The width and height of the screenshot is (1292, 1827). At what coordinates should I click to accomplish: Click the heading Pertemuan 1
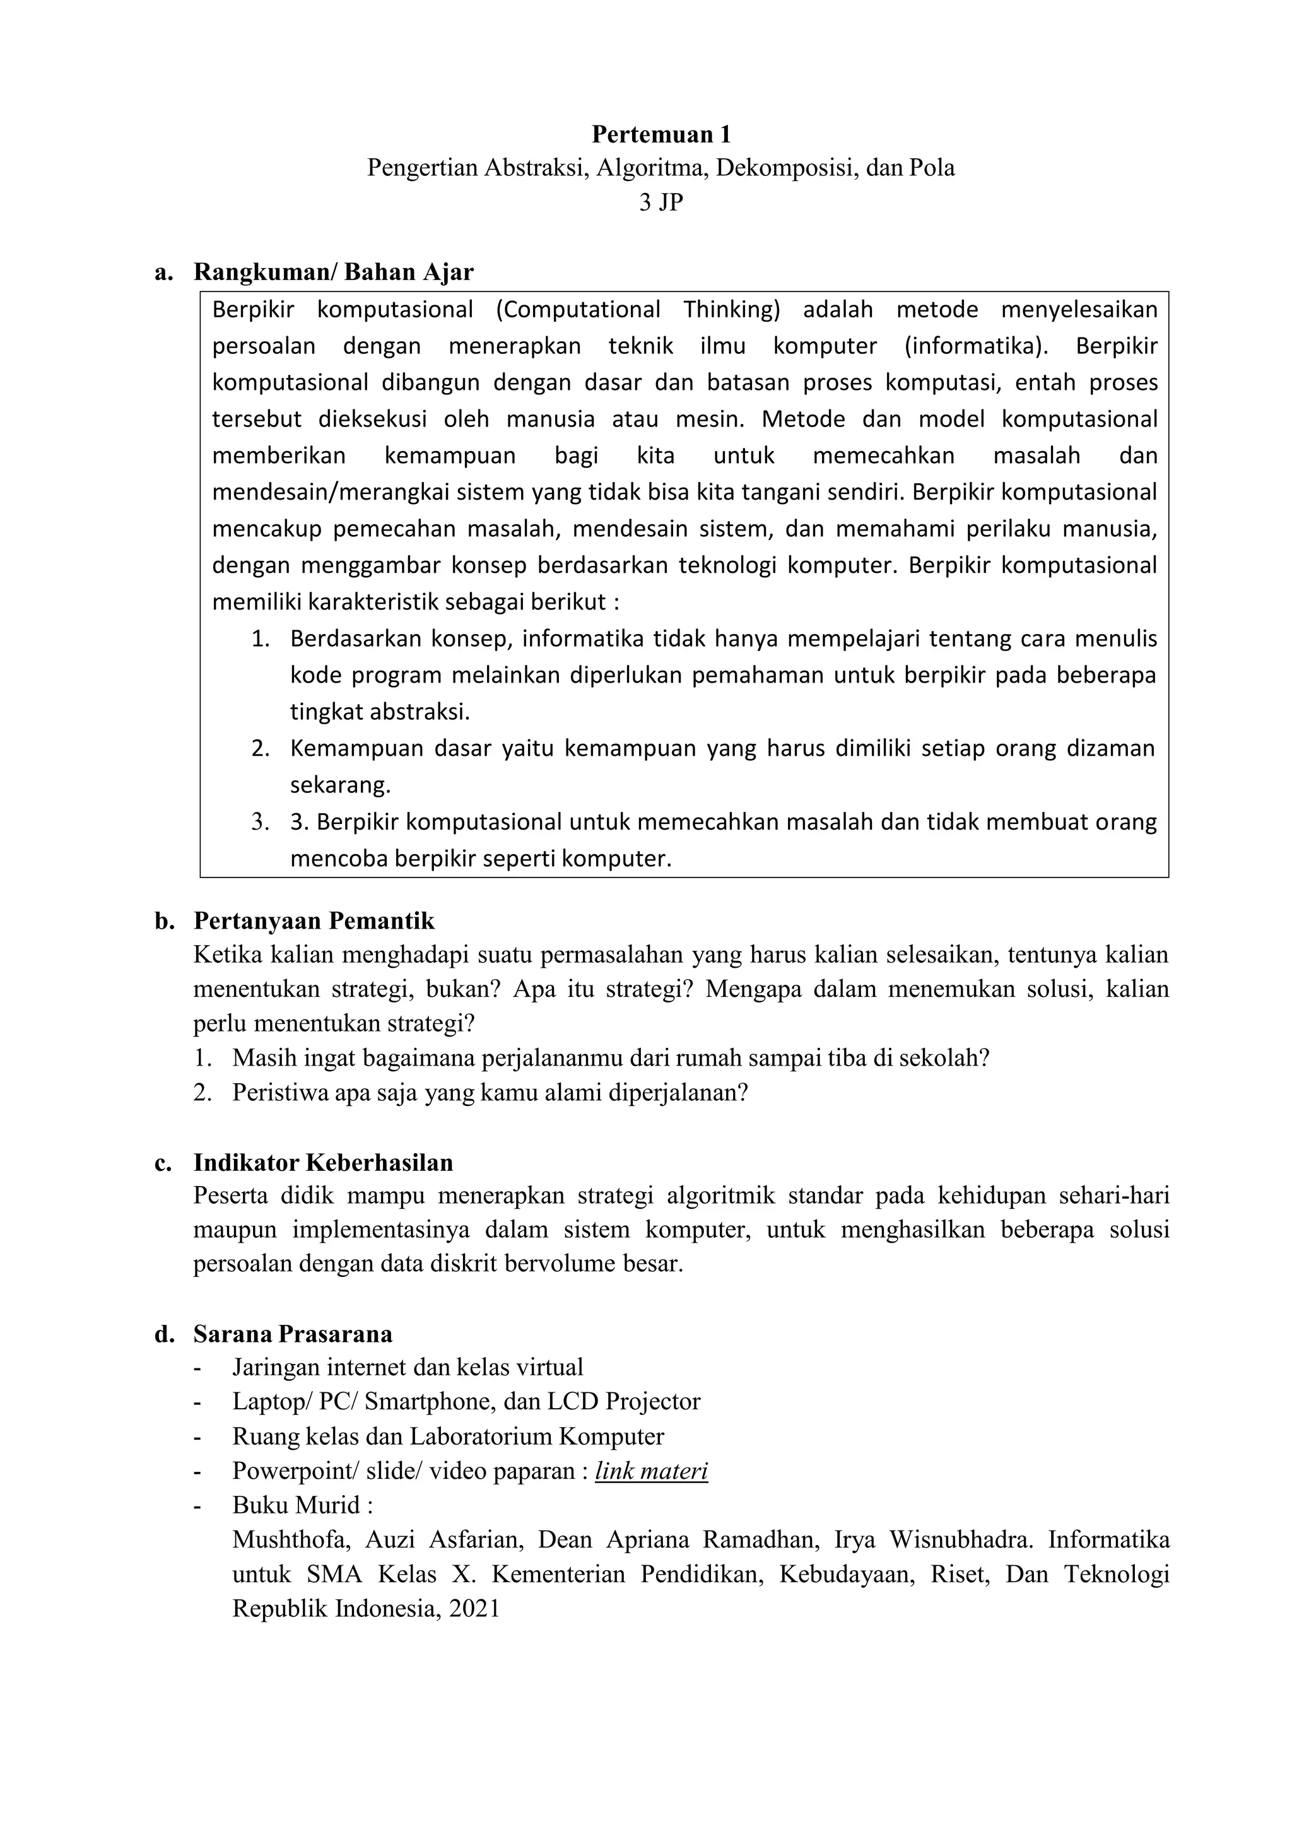click(661, 134)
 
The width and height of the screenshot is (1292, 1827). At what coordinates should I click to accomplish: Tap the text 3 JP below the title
click(661, 203)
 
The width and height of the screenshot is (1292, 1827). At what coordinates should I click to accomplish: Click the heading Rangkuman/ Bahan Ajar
click(333, 272)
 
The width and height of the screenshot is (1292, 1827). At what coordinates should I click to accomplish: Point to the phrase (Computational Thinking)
click(637, 310)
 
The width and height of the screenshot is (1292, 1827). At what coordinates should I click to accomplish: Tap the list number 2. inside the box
click(261, 749)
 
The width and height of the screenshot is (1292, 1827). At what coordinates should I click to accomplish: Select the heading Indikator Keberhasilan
click(323, 1163)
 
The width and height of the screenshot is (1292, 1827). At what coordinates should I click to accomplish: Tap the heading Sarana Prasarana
click(293, 1334)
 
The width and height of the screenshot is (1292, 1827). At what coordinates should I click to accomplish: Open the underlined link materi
click(651, 1471)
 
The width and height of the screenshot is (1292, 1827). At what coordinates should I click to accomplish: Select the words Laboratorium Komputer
click(536, 1436)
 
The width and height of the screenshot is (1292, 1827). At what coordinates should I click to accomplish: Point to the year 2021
click(474, 1608)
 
